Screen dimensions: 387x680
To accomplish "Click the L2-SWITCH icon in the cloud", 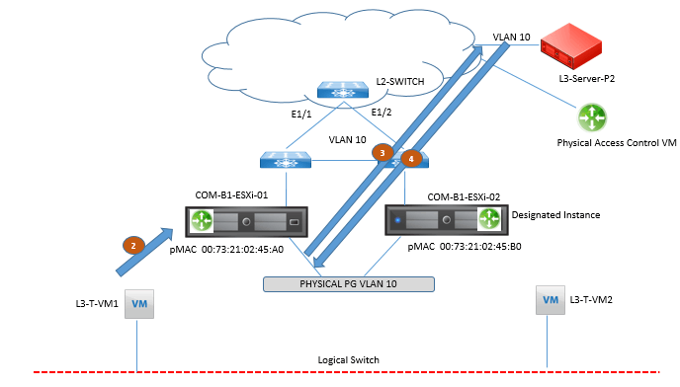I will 343,88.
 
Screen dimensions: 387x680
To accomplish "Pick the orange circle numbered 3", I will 381,153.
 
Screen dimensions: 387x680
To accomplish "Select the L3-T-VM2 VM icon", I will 548,297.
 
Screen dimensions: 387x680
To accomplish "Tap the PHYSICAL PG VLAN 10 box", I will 349,284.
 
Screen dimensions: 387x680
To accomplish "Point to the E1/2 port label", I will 382,113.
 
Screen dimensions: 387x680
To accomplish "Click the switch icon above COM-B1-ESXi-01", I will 286,157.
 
